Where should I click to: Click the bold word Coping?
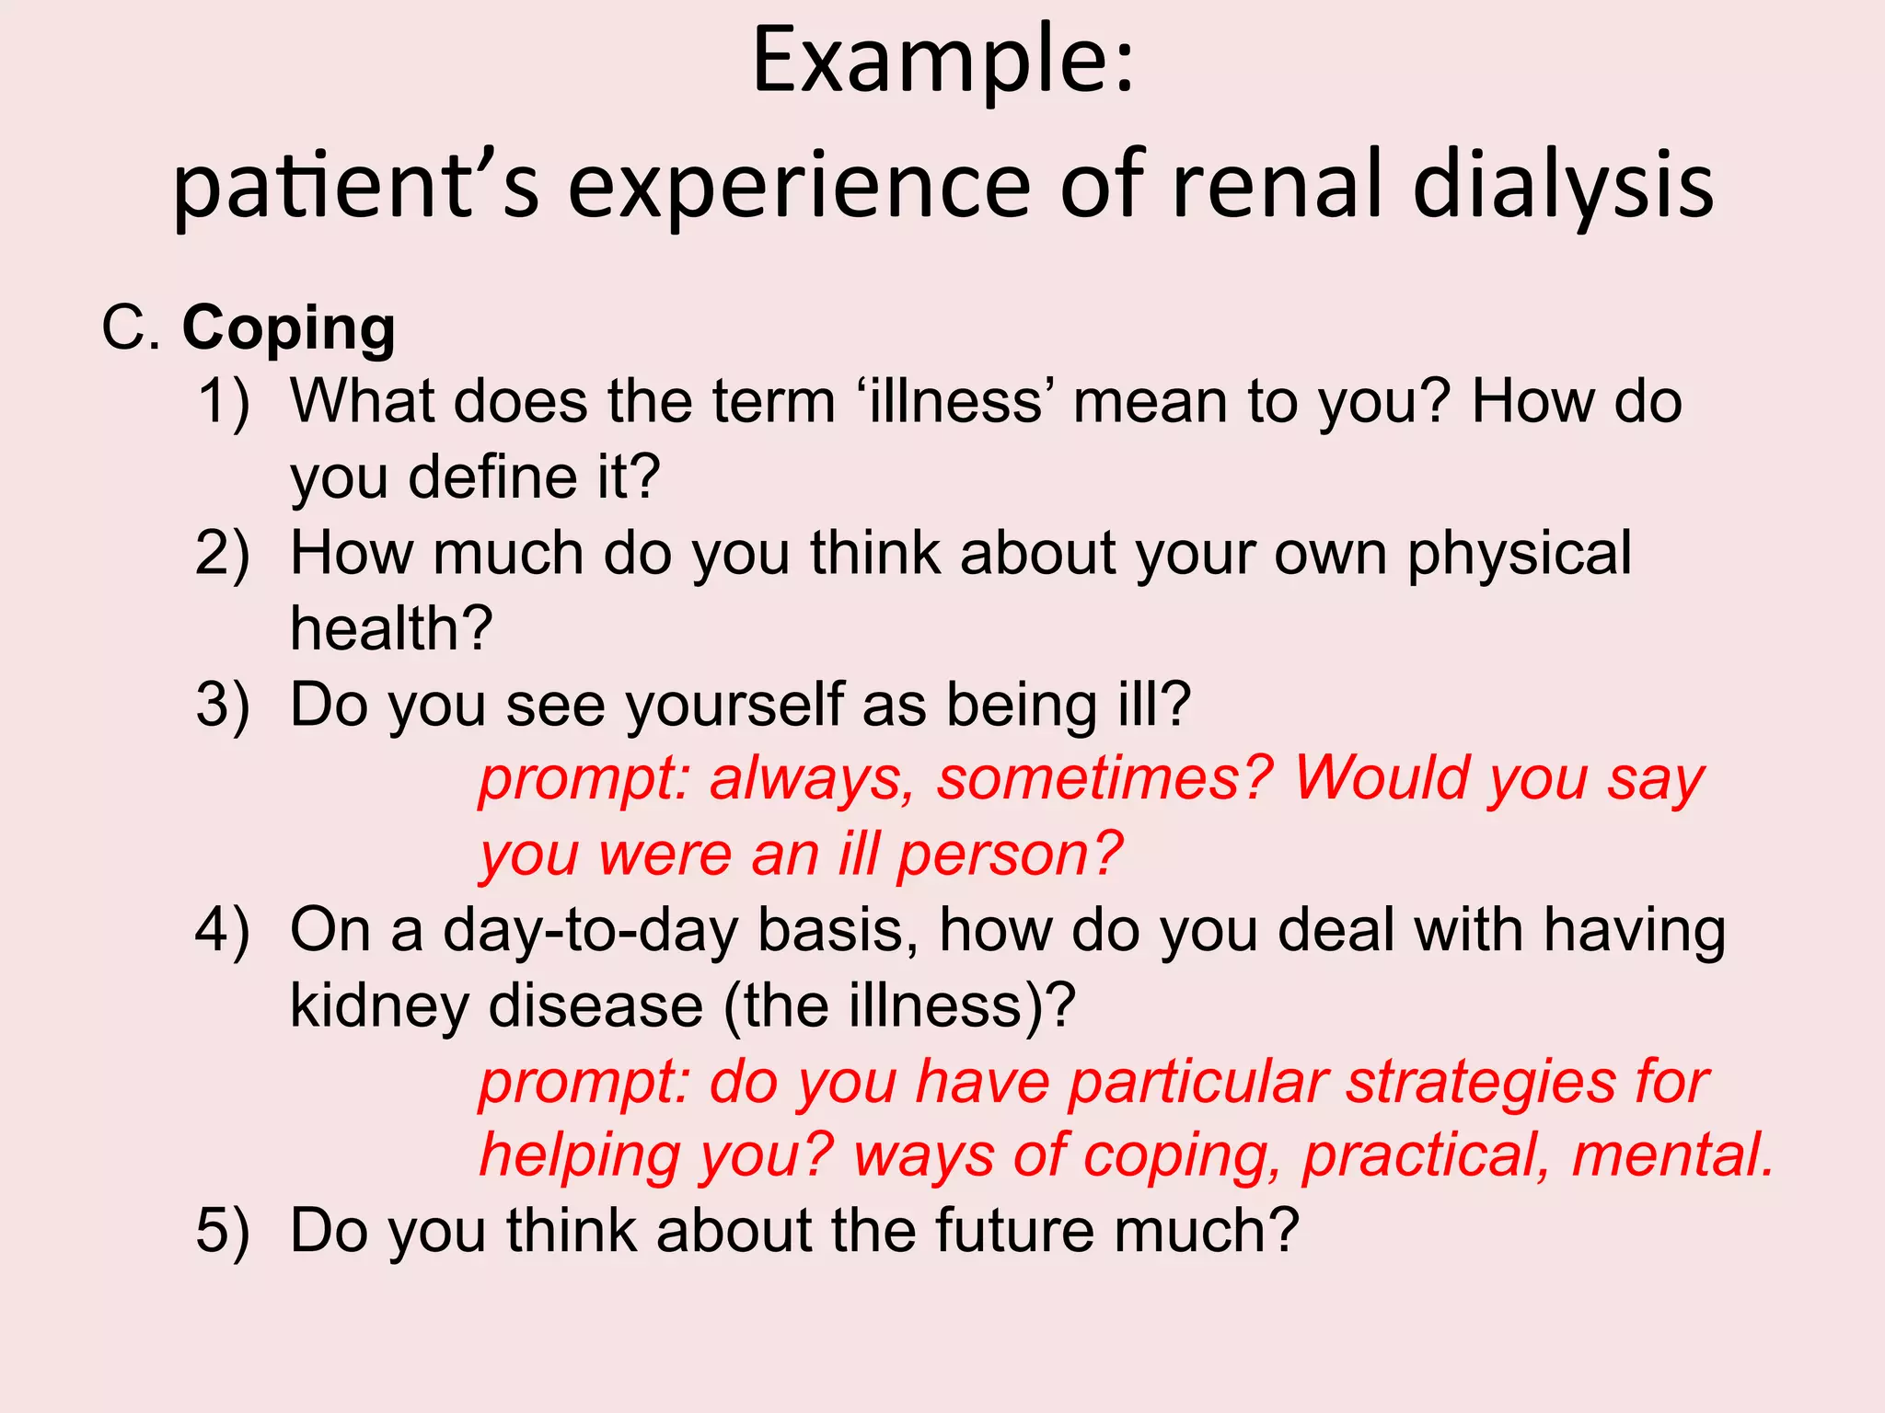coord(289,329)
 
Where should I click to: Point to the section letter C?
coord(130,328)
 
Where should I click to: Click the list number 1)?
coord(224,402)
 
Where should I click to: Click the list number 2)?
coord(224,554)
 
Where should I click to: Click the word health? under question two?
coord(391,629)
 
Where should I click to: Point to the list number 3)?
coord(224,706)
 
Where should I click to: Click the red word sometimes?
coord(1104,779)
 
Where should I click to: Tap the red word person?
coord(1010,855)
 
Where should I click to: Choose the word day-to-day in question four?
coord(590,931)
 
